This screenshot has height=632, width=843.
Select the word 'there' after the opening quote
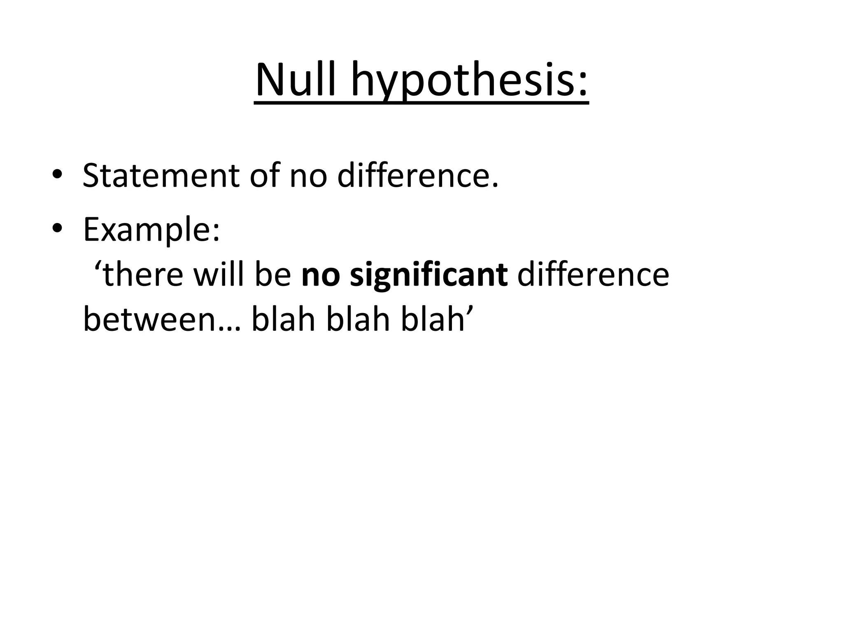click(x=142, y=275)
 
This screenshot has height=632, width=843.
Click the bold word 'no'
click(x=320, y=276)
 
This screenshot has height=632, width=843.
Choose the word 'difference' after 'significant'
click(x=593, y=275)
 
